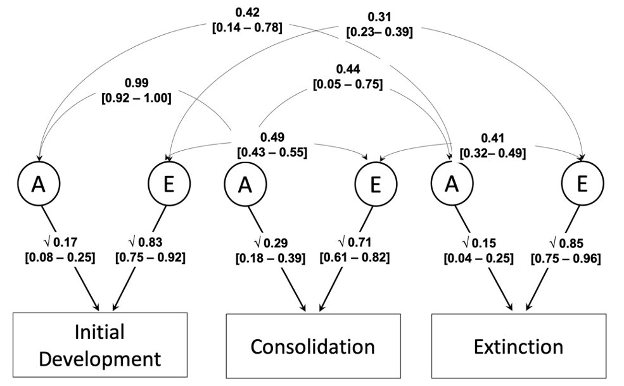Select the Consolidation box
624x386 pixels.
[313, 346]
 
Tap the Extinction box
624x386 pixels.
[518, 346]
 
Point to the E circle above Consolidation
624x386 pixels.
[374, 184]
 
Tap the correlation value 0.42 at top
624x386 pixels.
[248, 12]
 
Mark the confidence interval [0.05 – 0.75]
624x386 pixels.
[348, 83]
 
